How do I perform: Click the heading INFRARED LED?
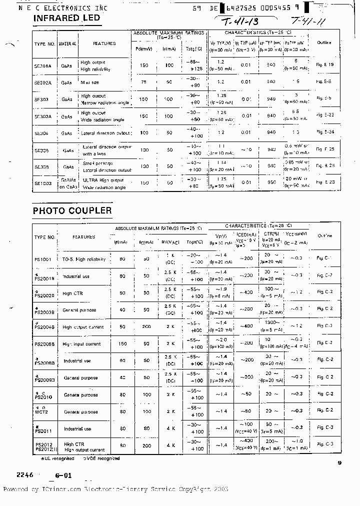pyautogui.click(x=66, y=18)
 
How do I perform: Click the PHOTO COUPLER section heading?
pyautogui.click(x=72, y=210)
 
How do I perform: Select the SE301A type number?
pyautogui.click(x=43, y=65)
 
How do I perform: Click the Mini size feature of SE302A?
pyautogui.click(x=89, y=82)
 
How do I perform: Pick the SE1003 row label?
pyautogui.click(x=43, y=183)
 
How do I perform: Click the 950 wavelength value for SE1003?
pyautogui.click(x=271, y=183)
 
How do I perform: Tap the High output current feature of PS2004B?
pyautogui.click(x=83, y=327)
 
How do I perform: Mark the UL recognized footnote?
pyautogui.click(x=50, y=458)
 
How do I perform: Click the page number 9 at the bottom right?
pyautogui.click(x=339, y=463)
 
